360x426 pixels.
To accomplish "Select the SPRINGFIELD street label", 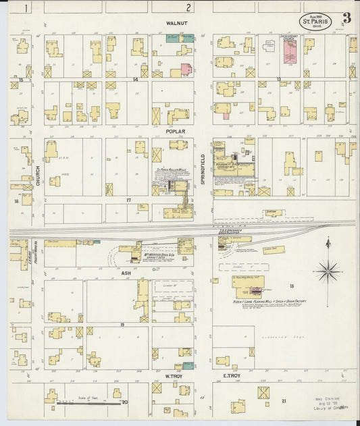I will tap(203, 166).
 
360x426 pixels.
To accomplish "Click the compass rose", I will tap(329, 271).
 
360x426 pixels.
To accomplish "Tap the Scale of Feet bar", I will tap(85, 402).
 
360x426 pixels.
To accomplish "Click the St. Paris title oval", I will tap(315, 20).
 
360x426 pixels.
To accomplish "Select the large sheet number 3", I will tap(346, 18).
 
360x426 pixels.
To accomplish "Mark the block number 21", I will tap(284, 400).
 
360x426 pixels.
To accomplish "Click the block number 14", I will tap(135, 79).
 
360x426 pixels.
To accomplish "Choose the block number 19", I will tap(123, 325).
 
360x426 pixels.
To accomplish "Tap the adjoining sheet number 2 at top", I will tap(189, 7).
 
